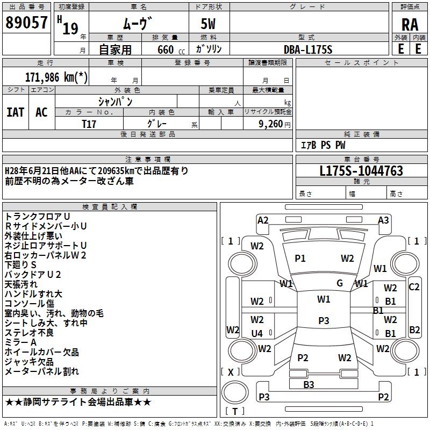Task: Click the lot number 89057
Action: click(x=26, y=23)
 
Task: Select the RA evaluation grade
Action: click(x=410, y=25)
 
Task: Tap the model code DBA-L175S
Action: click(x=308, y=49)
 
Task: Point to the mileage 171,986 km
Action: click(x=56, y=77)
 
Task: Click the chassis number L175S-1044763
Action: click(x=361, y=171)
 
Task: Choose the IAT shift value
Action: click(x=16, y=112)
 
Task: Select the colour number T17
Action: click(x=89, y=124)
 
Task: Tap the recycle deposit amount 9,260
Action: click(x=271, y=124)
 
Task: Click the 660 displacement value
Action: click(x=166, y=49)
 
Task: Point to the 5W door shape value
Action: click(x=208, y=24)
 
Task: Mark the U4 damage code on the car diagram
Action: click(x=257, y=333)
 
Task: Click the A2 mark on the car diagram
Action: click(x=263, y=220)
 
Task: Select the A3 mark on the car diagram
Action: click(x=383, y=220)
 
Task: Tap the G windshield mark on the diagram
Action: click(x=340, y=283)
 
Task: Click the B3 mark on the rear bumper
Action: click(x=309, y=385)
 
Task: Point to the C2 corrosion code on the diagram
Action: click(x=414, y=287)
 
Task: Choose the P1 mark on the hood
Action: click(x=300, y=259)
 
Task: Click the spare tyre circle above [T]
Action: click(x=235, y=392)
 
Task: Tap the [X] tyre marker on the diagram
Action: click(x=231, y=372)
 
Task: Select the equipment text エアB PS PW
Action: click(x=324, y=145)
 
